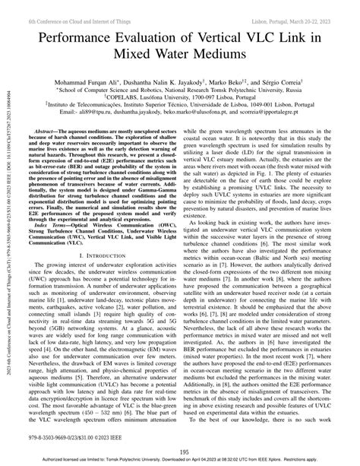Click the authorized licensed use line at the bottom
(180, 461)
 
